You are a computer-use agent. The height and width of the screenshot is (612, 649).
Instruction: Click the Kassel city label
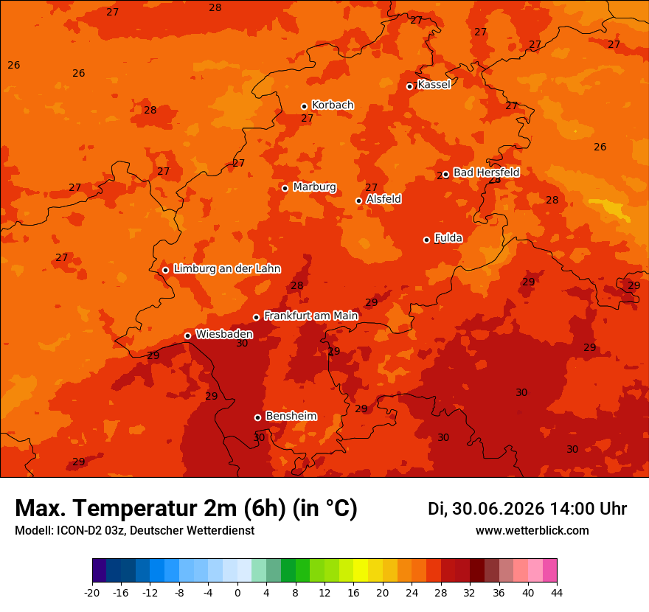click(434, 84)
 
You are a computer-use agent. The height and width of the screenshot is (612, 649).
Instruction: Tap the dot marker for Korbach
click(304, 106)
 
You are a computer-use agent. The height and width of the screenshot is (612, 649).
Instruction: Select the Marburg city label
click(315, 187)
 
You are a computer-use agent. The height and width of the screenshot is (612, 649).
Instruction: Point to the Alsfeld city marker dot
click(359, 201)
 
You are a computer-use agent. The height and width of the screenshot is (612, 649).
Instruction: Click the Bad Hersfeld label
click(486, 172)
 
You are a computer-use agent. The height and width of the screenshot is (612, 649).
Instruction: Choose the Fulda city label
click(448, 238)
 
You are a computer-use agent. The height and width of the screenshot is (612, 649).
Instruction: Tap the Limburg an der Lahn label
click(227, 268)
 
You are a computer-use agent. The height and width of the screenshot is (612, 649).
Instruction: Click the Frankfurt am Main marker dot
click(256, 317)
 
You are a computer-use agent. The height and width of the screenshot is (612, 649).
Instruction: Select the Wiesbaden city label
click(224, 334)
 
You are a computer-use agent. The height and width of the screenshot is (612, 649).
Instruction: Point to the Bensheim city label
click(291, 416)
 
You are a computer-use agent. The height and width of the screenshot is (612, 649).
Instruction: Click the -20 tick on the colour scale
click(92, 593)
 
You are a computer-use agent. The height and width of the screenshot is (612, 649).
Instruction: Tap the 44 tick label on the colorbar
click(557, 593)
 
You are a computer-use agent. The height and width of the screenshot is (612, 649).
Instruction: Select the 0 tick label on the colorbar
click(237, 593)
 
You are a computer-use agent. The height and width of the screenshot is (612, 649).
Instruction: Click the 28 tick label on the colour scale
click(441, 593)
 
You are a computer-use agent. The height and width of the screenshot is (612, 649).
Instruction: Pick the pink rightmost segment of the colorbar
click(550, 570)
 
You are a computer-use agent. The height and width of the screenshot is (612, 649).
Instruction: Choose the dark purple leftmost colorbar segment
click(100, 570)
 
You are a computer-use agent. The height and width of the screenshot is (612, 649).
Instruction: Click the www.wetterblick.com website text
click(532, 530)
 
